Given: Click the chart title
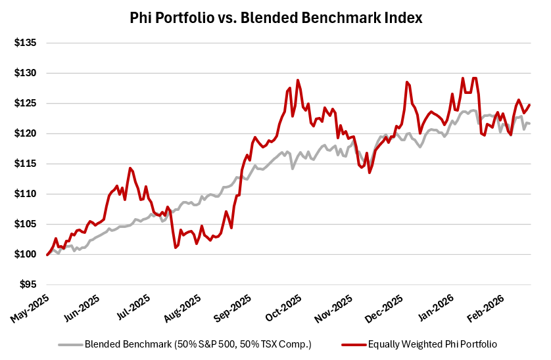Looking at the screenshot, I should tap(275, 18).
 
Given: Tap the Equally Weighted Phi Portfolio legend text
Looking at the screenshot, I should tap(432, 344).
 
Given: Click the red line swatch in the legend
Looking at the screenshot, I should tap(353, 344).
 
